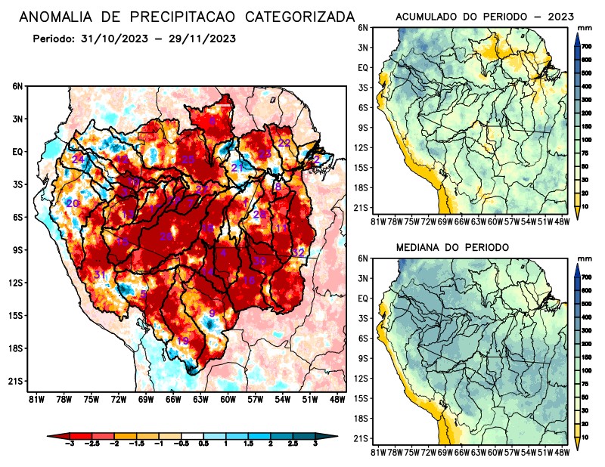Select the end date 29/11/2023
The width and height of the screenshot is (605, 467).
click(x=199, y=39)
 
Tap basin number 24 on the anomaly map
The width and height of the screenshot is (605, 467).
click(x=78, y=159)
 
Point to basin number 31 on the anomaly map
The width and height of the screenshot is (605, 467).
click(x=99, y=274)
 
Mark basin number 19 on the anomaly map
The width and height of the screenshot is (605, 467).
click(x=182, y=342)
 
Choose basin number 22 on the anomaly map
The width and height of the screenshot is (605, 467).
click(x=284, y=143)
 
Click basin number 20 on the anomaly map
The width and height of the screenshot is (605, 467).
click(x=73, y=204)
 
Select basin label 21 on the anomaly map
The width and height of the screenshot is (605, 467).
click(x=237, y=167)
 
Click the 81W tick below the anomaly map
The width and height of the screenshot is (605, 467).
click(x=35, y=400)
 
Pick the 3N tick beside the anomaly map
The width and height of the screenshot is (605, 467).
click(x=18, y=119)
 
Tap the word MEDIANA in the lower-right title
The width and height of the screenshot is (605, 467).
click(x=425, y=247)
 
